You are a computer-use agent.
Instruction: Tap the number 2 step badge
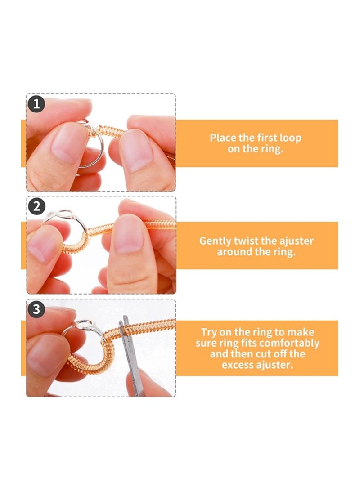pyautogui.click(x=36, y=207)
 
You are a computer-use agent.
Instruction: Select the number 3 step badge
pyautogui.click(x=36, y=309)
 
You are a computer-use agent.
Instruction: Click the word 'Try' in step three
pyautogui.click(x=209, y=332)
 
